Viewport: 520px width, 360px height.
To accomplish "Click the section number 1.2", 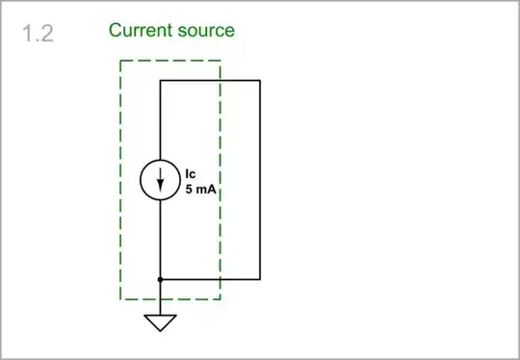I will tap(38, 35).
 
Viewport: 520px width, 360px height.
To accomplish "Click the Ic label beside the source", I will tap(191, 174).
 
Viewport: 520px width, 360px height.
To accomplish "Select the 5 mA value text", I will tap(199, 191).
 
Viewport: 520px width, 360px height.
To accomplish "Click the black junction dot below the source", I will tap(160, 279).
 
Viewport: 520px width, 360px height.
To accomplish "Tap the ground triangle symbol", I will tap(160, 322).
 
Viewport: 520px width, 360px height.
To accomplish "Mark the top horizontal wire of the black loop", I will tap(210, 81).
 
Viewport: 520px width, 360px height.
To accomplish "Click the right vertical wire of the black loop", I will tap(260, 180).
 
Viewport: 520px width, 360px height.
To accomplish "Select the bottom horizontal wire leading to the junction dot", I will tap(210, 279).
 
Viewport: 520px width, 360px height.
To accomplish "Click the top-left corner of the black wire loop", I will tap(160, 81).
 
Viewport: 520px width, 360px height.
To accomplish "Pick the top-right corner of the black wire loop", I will tap(260, 81).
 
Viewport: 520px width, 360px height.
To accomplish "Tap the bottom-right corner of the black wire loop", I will tap(260, 279).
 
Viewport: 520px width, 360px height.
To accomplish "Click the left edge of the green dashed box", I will tap(120, 180).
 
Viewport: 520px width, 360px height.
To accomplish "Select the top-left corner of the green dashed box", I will tap(120, 62).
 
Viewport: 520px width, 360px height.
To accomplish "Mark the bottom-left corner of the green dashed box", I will tap(120, 299).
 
